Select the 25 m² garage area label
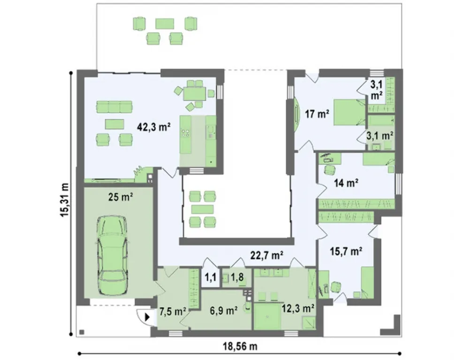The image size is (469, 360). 121,197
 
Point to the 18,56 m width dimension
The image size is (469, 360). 240,346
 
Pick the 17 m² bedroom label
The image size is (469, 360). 317,114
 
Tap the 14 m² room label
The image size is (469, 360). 347,182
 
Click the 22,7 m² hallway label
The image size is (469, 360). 267,255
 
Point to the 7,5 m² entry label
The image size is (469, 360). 173,311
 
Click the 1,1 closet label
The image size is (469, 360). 210,277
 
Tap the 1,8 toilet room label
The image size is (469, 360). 236,277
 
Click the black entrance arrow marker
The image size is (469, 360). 147,317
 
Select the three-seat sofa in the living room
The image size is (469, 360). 114,107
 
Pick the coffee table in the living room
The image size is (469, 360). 114,124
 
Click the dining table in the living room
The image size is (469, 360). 195,94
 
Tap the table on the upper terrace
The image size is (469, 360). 165,23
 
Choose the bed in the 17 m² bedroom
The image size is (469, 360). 349,112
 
